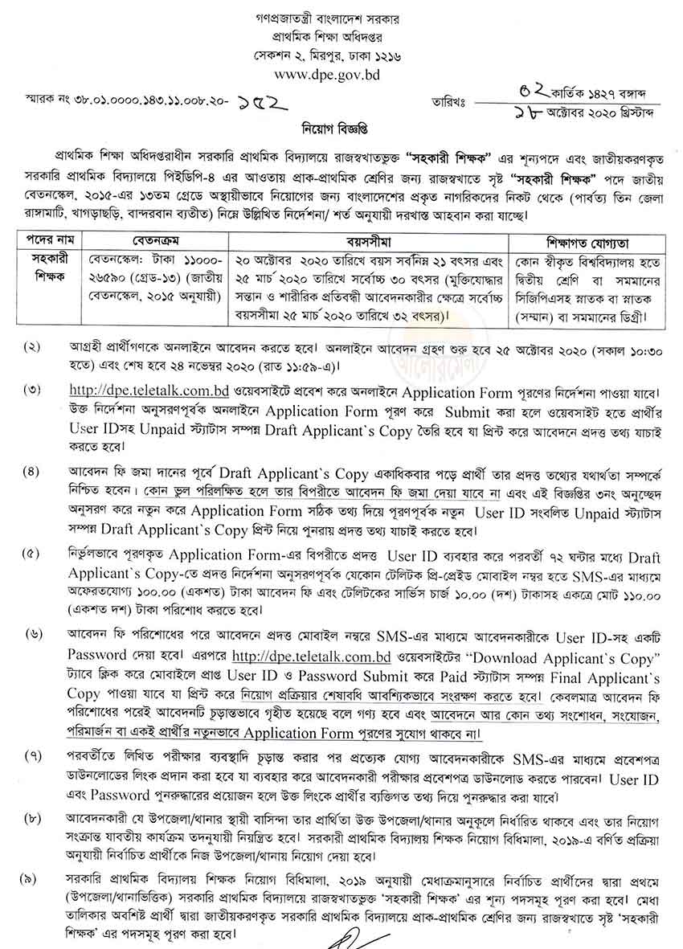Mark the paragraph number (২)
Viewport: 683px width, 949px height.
(x=33, y=348)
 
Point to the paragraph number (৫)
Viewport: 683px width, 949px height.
(x=33, y=555)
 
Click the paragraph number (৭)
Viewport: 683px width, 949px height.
(x=33, y=755)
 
